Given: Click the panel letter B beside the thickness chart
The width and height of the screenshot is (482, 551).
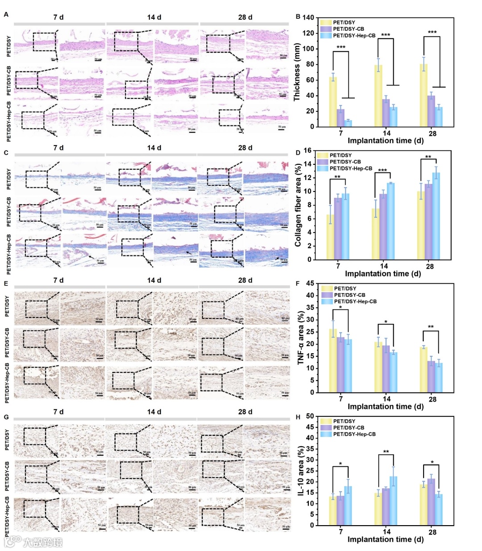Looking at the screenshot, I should pyautogui.click(x=298, y=17).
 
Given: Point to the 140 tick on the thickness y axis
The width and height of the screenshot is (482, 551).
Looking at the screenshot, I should pyautogui.click(x=308, y=17).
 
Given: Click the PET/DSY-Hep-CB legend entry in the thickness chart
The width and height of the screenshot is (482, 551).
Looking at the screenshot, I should pyautogui.click(x=354, y=36).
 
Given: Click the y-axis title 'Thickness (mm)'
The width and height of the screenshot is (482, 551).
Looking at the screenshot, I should pyautogui.click(x=297, y=73).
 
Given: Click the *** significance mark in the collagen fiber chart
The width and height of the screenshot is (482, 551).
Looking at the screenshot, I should pyautogui.click(x=382, y=171).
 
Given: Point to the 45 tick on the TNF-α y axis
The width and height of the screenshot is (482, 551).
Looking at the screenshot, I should pyautogui.click(x=310, y=283).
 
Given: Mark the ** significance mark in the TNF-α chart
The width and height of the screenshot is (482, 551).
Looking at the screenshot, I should pyautogui.click(x=431, y=327).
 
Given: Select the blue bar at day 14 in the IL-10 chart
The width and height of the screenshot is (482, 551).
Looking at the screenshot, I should pyautogui.click(x=394, y=501).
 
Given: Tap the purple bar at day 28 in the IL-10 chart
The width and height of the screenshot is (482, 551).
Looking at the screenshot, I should pyautogui.click(x=431, y=502).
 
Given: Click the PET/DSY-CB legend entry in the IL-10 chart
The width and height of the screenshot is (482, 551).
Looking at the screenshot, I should pyautogui.click(x=348, y=428).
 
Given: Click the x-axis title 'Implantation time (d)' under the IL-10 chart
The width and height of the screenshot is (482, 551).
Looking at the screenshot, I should pyautogui.click(x=386, y=539).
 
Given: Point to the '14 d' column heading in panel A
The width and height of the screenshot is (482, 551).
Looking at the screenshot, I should pyautogui.click(x=154, y=17).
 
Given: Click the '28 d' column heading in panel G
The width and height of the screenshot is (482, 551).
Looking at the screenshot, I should pyautogui.click(x=245, y=412).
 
